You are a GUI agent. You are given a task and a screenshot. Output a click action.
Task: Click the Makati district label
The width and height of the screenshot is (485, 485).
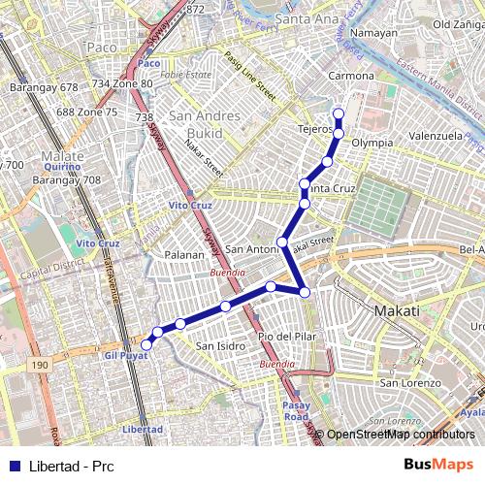coord(397,310)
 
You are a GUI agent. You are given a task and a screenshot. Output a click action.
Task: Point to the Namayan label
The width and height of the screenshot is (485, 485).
coord(373,33)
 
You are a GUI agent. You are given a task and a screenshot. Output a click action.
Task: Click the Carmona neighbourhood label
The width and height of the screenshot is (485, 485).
coord(350,75)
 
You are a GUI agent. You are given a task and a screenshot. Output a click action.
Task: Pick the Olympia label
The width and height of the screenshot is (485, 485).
coord(372,143)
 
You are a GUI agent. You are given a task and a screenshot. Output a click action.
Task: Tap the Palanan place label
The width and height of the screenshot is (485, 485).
coord(185,255)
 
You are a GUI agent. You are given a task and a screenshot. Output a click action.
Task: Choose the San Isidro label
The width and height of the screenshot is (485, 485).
coord(221,345)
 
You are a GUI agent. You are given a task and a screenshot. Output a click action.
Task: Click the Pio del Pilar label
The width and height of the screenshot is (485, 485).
coord(289,336)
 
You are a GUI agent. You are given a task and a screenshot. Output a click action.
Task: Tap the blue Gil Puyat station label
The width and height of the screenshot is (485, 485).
coord(123,357)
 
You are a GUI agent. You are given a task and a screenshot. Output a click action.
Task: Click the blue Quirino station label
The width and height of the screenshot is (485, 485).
coord(61,166)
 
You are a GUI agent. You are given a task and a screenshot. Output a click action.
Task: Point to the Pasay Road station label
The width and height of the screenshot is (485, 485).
coord(296,409)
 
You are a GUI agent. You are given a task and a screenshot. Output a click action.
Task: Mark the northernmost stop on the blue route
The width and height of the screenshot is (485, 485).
coord(339,114)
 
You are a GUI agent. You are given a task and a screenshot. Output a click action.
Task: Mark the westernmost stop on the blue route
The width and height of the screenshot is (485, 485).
coord(146,345)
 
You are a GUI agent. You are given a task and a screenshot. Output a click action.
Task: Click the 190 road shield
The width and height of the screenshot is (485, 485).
coord(39,365)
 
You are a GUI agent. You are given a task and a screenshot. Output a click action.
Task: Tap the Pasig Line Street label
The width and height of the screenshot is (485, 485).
coord(249,77)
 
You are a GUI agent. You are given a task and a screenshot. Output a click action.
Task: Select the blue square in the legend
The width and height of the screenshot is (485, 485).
coord(15,465)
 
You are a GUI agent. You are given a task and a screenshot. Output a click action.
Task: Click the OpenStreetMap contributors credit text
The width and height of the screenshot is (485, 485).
coord(399,435)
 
